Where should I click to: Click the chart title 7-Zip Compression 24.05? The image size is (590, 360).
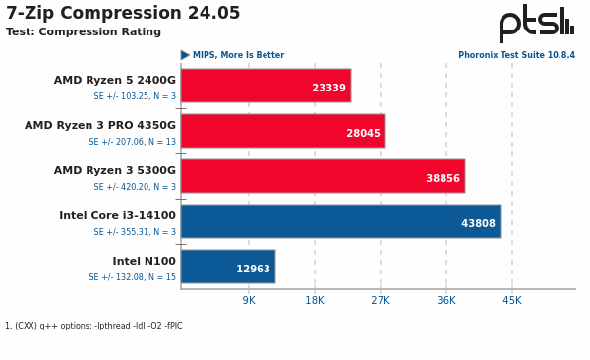coord(123,14)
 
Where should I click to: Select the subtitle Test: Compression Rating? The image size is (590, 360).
coord(84,32)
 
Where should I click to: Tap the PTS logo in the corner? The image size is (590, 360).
coord(536,24)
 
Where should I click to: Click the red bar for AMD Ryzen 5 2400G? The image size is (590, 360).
coord(265,86)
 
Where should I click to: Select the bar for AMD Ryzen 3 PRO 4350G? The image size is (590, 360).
coord(282,131)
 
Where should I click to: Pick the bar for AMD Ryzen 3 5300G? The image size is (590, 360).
coord(323,176)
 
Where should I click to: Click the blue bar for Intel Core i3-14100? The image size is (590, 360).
coord(340,221)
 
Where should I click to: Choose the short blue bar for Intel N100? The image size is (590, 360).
coord(227,267)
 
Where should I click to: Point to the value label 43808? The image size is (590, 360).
coord(478,224)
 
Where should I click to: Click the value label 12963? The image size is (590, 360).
coord(253,270)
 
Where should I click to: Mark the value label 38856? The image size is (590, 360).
coord(442,179)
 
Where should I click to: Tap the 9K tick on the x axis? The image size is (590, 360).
coord(249,301)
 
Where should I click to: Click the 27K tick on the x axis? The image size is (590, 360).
coord(381,301)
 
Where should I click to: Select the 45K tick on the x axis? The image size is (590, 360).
coord(512,301)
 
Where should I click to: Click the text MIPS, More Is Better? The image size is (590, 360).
coord(238,56)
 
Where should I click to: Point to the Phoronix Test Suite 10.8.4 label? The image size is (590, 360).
coord(516,56)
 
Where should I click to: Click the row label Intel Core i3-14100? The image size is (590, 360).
coord(117,216)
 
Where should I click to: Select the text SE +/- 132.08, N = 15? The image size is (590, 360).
coord(133,277)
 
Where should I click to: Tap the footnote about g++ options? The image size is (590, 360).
coord(93,326)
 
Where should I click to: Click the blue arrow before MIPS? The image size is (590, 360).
coord(185,56)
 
